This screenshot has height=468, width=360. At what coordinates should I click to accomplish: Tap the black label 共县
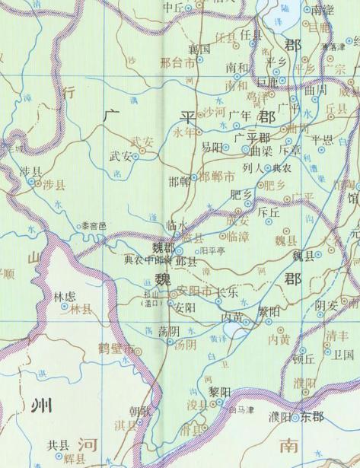[58, 445]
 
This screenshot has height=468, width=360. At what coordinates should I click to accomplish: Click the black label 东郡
[311, 417]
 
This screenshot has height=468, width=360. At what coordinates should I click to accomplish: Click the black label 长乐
[228, 291]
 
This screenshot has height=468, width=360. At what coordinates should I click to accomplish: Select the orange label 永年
[185, 131]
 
